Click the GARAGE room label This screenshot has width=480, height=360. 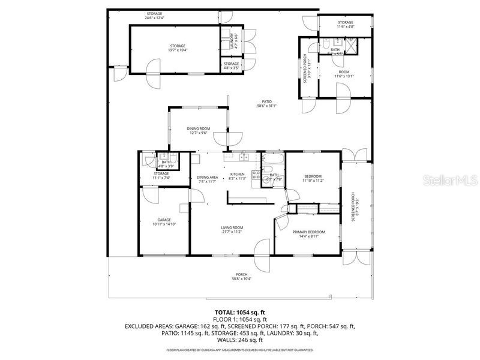tap(164, 220)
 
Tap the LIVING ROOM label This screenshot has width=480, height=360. tap(232, 227)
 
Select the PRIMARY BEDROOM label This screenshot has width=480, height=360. tap(308, 232)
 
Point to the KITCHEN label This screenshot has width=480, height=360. tap(238, 174)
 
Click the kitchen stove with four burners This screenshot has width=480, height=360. tap(256, 175)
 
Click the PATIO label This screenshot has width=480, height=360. tap(267, 101)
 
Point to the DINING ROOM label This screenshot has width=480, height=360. tap(199, 128)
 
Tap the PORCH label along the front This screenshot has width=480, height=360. tap(241, 275)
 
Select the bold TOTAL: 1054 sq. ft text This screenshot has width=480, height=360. tap(239, 313)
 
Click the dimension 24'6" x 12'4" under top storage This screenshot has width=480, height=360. tap(155, 18)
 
